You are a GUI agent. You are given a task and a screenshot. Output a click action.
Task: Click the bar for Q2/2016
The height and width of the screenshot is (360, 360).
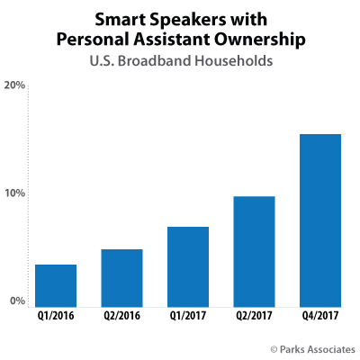point(121,279)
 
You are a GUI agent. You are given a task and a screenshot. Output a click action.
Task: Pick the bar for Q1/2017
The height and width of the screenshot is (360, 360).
point(188,267)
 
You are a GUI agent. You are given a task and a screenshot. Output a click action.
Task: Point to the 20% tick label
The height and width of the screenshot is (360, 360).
point(15,85)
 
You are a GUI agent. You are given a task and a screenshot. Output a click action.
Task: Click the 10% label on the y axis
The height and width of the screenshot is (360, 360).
point(15,193)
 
